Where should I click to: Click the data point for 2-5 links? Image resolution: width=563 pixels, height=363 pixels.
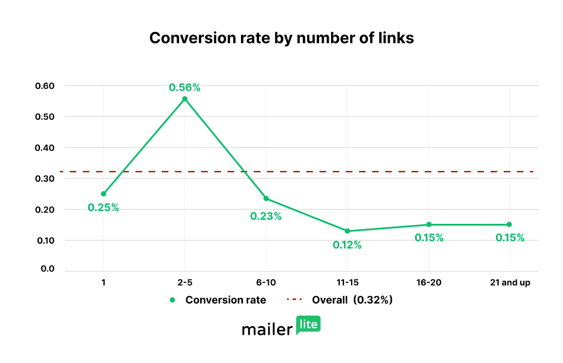pyautogui.click(x=185, y=99)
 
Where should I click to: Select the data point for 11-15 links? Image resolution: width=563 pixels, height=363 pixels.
pyautogui.click(x=347, y=231)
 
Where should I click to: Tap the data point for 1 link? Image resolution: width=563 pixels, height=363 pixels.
pyautogui.click(x=103, y=194)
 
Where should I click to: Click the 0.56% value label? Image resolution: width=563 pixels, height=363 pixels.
pyautogui.click(x=185, y=87)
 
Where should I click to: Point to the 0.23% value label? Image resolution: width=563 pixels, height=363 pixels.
pyautogui.click(x=266, y=216)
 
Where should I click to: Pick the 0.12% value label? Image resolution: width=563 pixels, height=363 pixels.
pyautogui.click(x=347, y=245)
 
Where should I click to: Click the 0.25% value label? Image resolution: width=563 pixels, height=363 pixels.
pyautogui.click(x=103, y=207)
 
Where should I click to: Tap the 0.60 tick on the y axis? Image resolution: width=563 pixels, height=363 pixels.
pyautogui.click(x=45, y=86)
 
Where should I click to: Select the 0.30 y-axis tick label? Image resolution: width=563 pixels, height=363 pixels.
pyautogui.click(x=45, y=179)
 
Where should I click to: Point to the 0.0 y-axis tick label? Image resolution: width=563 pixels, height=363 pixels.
pyautogui.click(x=48, y=269)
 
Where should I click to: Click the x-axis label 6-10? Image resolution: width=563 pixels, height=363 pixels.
pyautogui.click(x=266, y=282)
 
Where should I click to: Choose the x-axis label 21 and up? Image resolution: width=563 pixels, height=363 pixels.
pyautogui.click(x=510, y=282)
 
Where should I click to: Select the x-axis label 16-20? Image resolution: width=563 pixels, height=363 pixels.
pyautogui.click(x=429, y=282)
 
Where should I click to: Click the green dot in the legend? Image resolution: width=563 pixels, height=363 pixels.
pyautogui.click(x=172, y=300)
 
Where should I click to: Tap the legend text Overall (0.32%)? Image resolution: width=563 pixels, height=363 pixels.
pyautogui.click(x=352, y=300)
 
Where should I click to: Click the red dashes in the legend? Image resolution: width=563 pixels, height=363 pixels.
pyautogui.click(x=294, y=300)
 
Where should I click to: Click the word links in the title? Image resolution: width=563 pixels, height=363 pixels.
pyautogui.click(x=396, y=38)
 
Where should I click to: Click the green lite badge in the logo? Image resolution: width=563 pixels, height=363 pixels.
pyautogui.click(x=308, y=324)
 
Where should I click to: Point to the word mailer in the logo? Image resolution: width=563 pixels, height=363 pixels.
pyautogui.click(x=267, y=330)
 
